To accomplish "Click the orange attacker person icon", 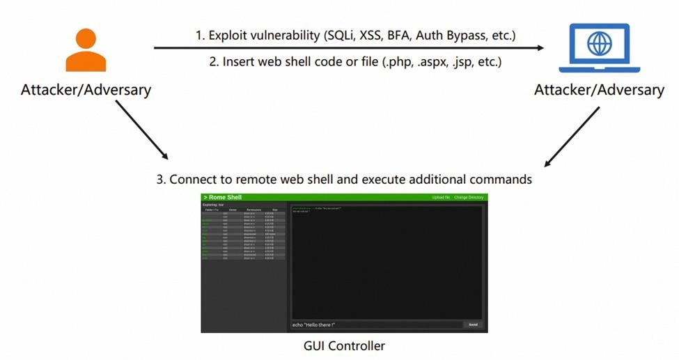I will pyautogui.click(x=86, y=50).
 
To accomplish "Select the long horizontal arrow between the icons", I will pyautogui.click(x=348, y=48).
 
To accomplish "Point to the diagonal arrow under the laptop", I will pyautogui.click(x=572, y=137).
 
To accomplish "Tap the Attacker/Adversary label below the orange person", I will pyautogui.click(x=86, y=89).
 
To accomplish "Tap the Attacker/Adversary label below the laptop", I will pyautogui.click(x=599, y=90).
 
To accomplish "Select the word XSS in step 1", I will pyautogui.click(x=368, y=34).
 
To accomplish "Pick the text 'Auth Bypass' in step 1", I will pyautogui.click(x=451, y=34).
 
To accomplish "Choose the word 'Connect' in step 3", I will pyautogui.click(x=193, y=179).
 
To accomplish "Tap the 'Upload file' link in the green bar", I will pyautogui.click(x=441, y=198).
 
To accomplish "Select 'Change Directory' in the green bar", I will pyautogui.click(x=469, y=198).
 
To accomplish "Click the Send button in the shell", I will pyautogui.click(x=473, y=324).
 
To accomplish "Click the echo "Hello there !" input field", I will pyautogui.click(x=376, y=324).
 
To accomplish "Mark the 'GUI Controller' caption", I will pyautogui.click(x=344, y=345).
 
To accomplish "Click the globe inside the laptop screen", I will pyautogui.click(x=598, y=44).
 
